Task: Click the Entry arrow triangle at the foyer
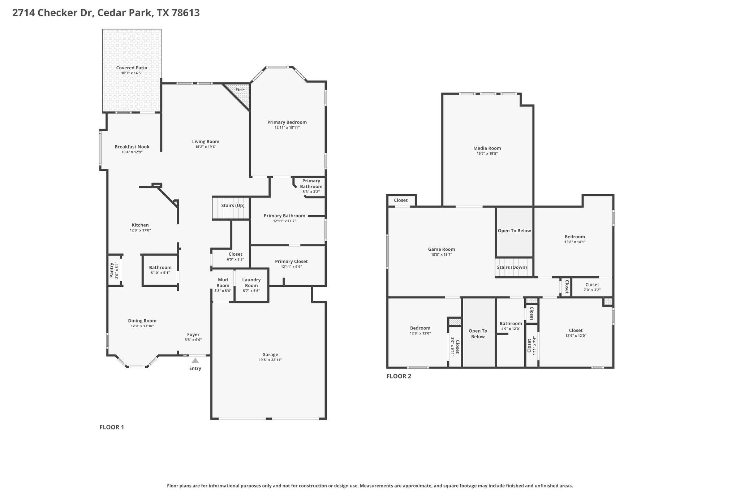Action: click(195, 360)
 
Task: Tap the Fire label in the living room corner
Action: click(240, 90)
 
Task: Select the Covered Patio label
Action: click(132, 68)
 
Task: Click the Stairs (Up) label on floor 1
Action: click(233, 206)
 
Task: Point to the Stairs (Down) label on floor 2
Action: click(512, 267)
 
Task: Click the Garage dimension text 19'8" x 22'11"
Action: click(270, 360)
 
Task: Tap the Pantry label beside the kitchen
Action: click(112, 270)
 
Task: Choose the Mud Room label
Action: click(223, 282)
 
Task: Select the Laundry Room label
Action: click(251, 282)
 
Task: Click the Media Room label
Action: click(487, 148)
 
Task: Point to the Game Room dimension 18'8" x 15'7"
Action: click(441, 255)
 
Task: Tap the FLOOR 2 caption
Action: click(399, 376)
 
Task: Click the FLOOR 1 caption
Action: click(112, 427)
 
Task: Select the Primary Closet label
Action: click(291, 261)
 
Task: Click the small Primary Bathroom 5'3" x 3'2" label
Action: click(311, 191)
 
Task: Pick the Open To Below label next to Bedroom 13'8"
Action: click(514, 231)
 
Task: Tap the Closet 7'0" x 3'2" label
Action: click(592, 285)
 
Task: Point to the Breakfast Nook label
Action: click(132, 147)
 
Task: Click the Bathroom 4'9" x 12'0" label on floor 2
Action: click(511, 324)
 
